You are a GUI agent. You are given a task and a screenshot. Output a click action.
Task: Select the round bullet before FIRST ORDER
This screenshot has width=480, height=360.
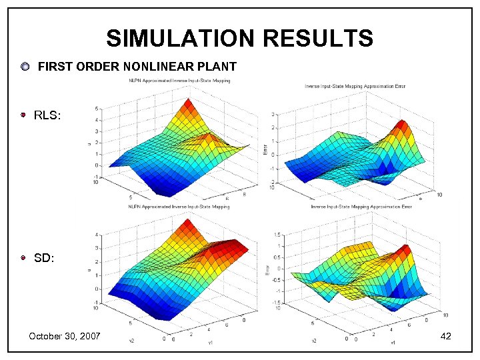(25, 67)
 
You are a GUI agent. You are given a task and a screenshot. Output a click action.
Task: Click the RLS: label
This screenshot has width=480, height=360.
(47, 116)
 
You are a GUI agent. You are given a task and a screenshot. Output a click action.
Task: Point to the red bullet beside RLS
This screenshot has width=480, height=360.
(23, 115)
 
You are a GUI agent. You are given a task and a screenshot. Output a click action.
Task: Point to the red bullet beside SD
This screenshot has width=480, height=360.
(23, 257)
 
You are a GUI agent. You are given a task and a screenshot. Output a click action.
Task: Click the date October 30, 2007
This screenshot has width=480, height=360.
(64, 336)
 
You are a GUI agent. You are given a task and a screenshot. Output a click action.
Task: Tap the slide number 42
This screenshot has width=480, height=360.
(446, 336)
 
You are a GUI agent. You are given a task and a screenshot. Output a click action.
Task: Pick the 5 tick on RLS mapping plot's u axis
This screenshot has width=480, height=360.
(97, 108)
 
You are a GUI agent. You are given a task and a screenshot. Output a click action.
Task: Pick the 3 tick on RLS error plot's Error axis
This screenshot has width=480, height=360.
(273, 115)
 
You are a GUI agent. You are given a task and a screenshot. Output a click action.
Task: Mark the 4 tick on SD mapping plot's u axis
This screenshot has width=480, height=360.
(98, 235)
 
